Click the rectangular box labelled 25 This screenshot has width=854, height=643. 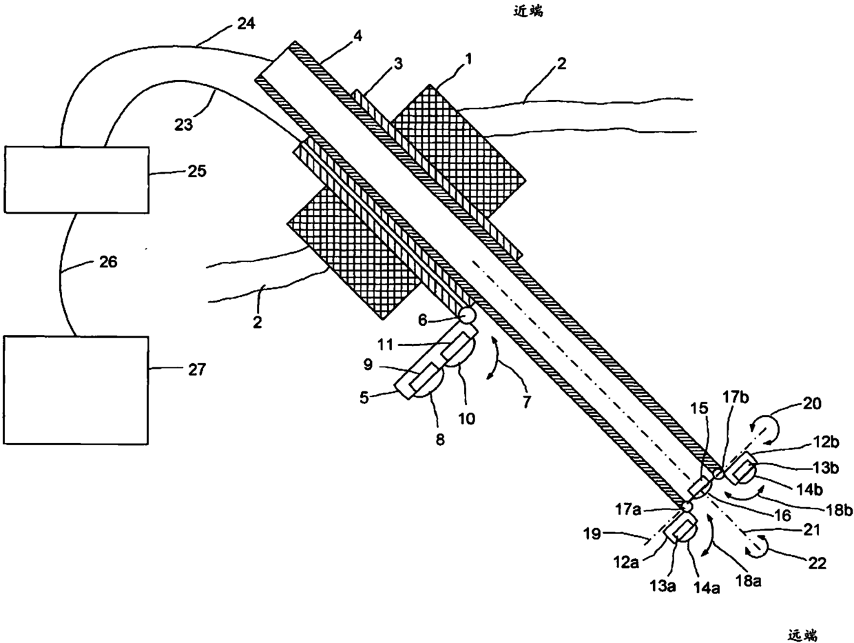tap(76, 179)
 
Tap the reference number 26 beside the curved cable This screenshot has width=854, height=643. tap(106, 262)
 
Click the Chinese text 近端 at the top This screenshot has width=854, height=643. tap(528, 11)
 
